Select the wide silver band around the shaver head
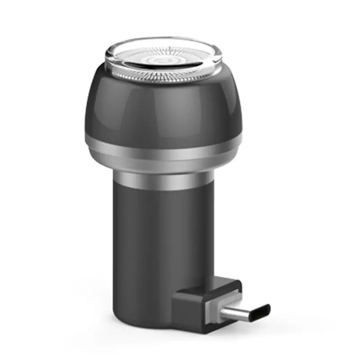(162, 153)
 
